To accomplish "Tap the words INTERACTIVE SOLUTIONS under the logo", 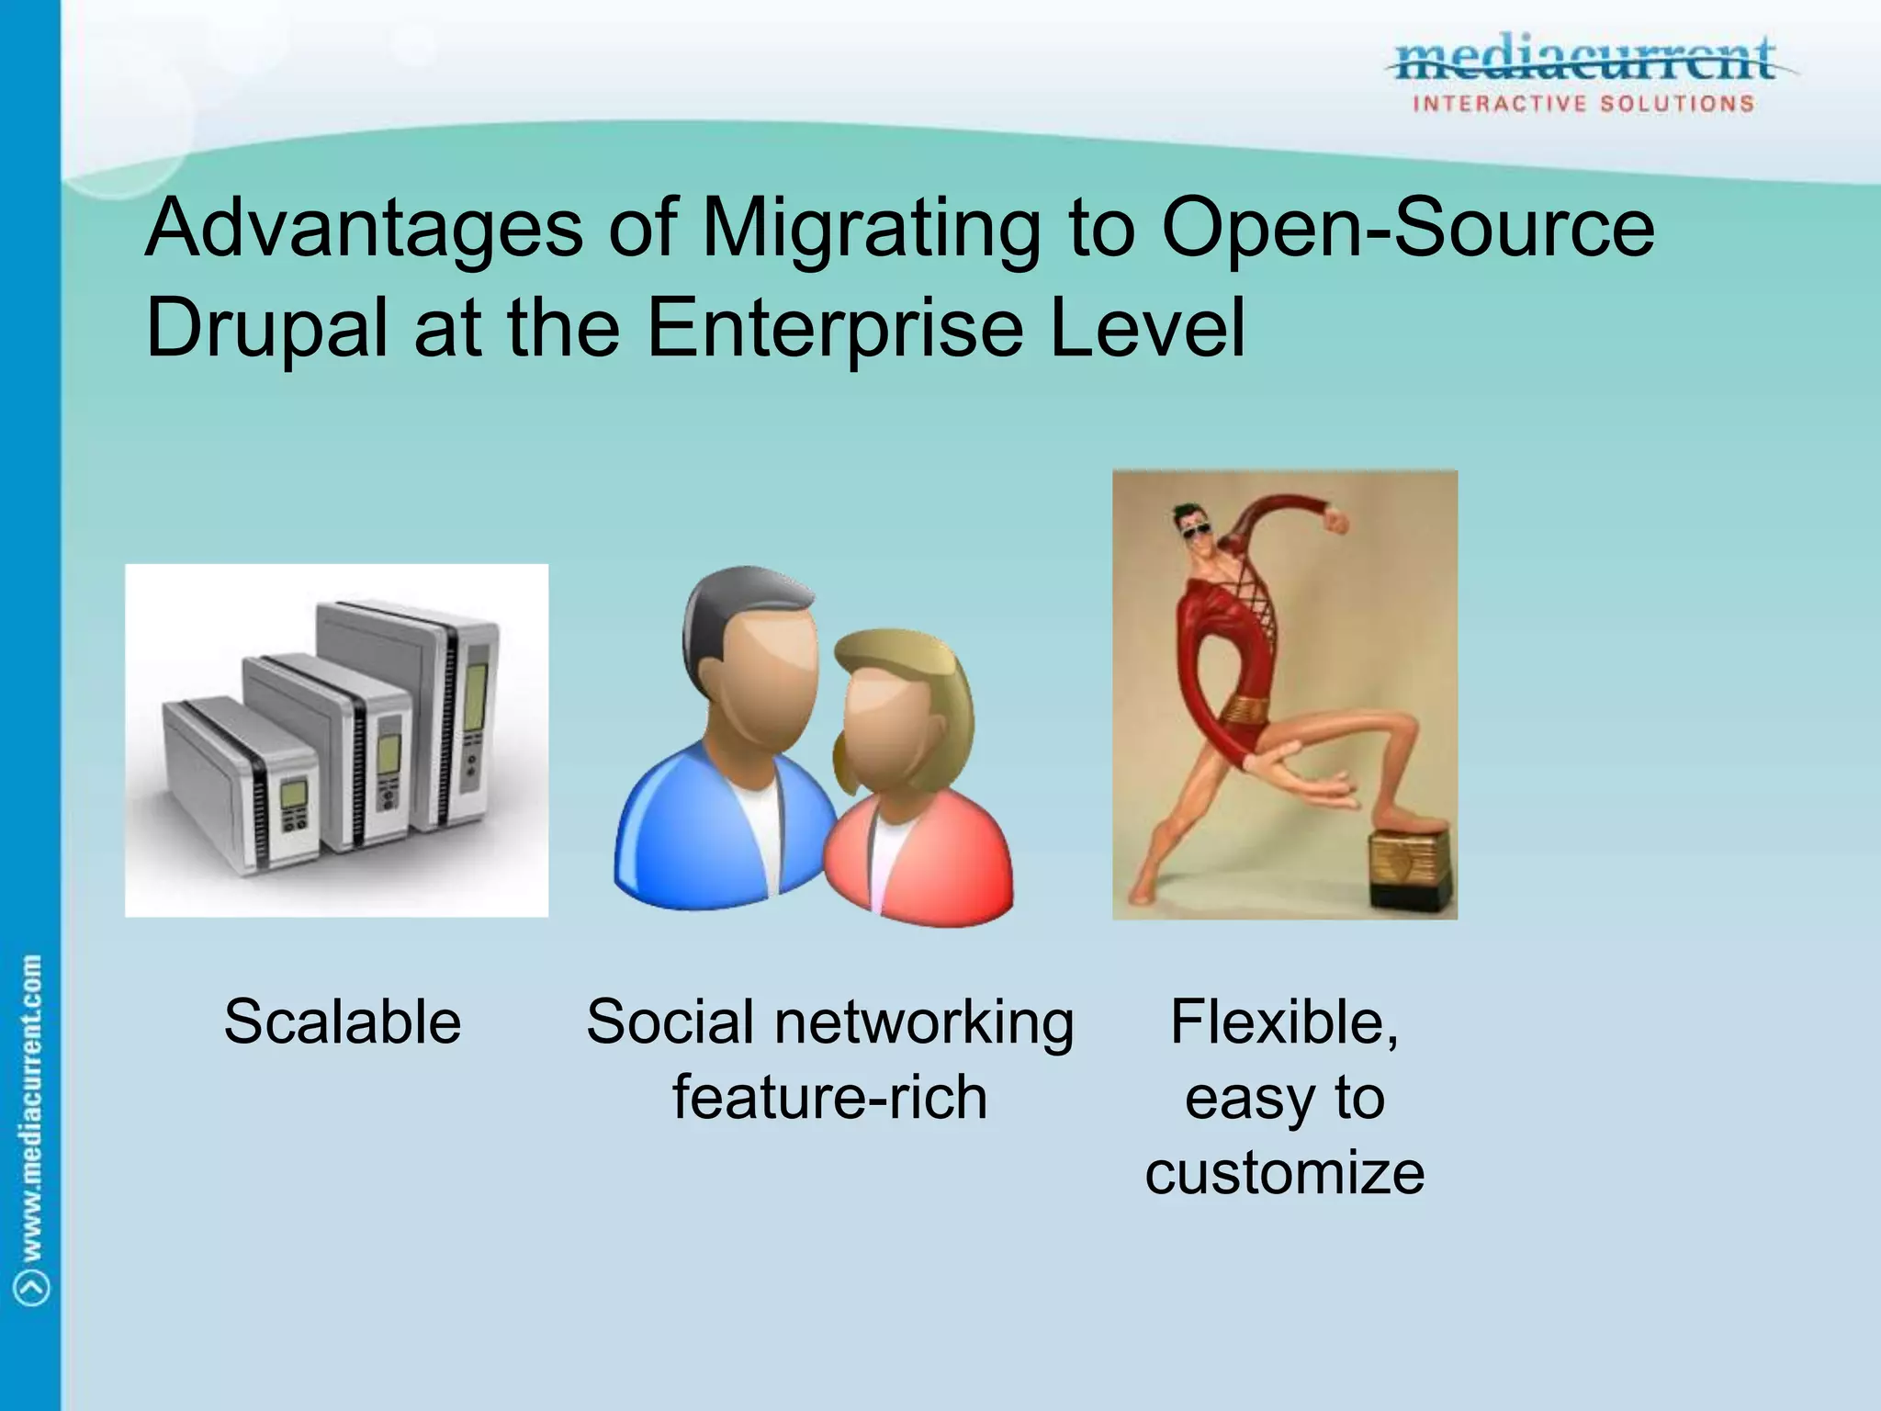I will [x=1583, y=104].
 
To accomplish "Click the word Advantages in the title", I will [x=364, y=230].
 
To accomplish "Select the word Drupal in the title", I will [x=265, y=328].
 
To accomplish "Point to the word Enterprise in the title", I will [x=835, y=328].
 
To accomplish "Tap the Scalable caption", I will [x=342, y=1022].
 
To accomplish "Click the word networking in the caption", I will [x=924, y=1023].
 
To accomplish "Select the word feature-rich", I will [x=829, y=1097].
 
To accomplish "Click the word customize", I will [x=1284, y=1172].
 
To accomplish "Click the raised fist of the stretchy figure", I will [x=1336, y=520].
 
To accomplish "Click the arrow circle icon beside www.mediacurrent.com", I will [x=33, y=1287].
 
